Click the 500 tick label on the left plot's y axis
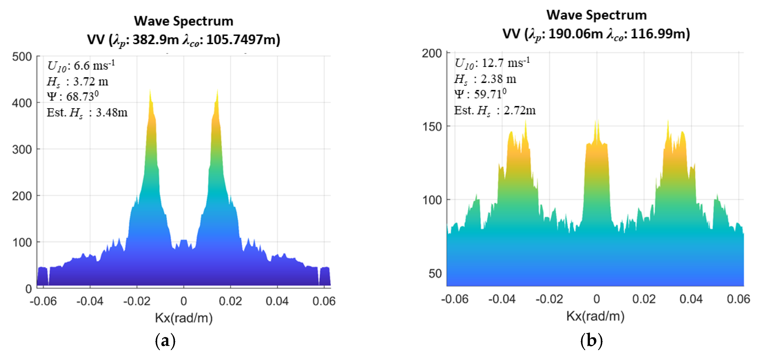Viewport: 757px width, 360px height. [x=22, y=57]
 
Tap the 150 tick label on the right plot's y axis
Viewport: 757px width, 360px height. [x=432, y=127]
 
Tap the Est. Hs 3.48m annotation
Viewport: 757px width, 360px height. [x=87, y=113]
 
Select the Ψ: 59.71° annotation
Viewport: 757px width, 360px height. [x=480, y=94]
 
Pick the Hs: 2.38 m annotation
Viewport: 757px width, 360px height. [x=485, y=79]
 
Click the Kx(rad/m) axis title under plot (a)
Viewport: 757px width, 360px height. [x=184, y=318]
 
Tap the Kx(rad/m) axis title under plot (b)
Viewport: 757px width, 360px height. [x=595, y=316]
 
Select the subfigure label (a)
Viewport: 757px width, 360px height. [x=165, y=341]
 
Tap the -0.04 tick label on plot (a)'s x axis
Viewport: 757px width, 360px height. [x=90, y=301]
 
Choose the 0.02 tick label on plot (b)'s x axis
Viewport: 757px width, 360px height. [x=644, y=299]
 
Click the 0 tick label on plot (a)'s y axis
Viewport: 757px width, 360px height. [x=28, y=289]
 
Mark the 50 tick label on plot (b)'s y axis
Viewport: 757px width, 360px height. [x=435, y=274]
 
